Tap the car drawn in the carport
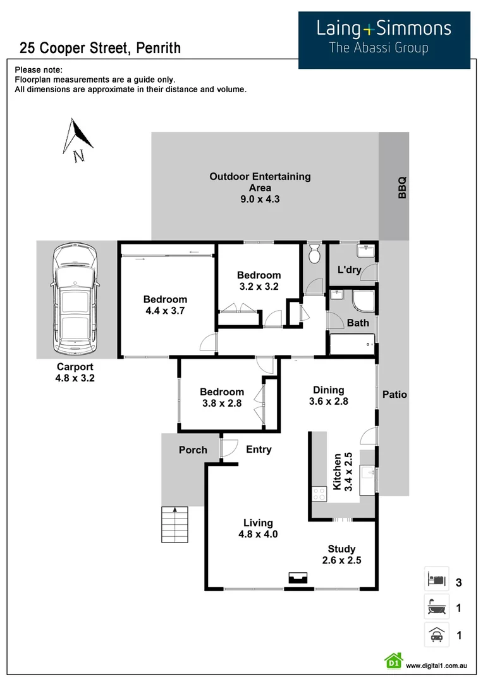coord(75,299)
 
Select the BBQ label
coord(402,188)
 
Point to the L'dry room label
coord(349,270)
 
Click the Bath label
coord(358,323)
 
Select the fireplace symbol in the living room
coord(298,578)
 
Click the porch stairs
coord(175,525)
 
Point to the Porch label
coord(193,450)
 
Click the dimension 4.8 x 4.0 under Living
coord(258,534)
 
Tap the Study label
coord(341,549)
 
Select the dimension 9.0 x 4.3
coord(260,199)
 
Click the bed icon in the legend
coord(436,578)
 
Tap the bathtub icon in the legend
coord(436,607)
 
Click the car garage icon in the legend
coord(436,635)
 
